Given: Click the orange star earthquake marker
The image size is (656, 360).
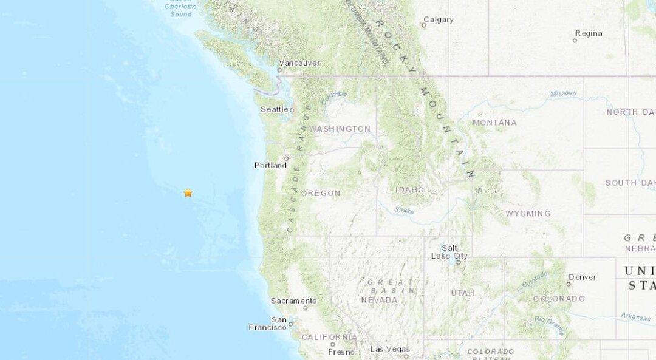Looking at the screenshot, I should click(188, 193).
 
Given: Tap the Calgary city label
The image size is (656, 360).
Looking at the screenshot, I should click(438, 19).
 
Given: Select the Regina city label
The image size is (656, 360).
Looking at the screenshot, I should click(588, 33).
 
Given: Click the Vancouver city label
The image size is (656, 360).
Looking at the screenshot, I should click(299, 63).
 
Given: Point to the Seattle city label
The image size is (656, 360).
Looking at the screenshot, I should click(274, 109).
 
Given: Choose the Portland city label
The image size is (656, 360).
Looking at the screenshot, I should click(270, 165).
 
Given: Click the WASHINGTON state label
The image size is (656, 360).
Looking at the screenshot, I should click(340, 129).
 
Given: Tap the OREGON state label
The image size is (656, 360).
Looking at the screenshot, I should click(321, 193).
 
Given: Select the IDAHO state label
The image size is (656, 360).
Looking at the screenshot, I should click(410, 189).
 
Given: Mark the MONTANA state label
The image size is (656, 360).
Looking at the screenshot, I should click(494, 123).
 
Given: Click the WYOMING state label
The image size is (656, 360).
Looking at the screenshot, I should click(528, 214).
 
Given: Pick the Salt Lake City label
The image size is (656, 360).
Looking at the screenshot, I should click(449, 252).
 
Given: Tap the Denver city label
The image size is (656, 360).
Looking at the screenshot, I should click(583, 277).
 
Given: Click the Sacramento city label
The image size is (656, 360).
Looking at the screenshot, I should click(293, 301).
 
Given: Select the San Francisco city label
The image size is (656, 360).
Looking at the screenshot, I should click(267, 324).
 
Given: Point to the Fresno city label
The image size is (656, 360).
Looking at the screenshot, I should click(341, 352).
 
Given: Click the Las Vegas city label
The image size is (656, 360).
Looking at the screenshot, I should click(389, 349).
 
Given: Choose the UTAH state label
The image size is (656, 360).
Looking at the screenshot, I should click(462, 293).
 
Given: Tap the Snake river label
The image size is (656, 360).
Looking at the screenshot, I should click(403, 210).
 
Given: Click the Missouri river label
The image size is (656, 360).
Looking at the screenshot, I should click(563, 93).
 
